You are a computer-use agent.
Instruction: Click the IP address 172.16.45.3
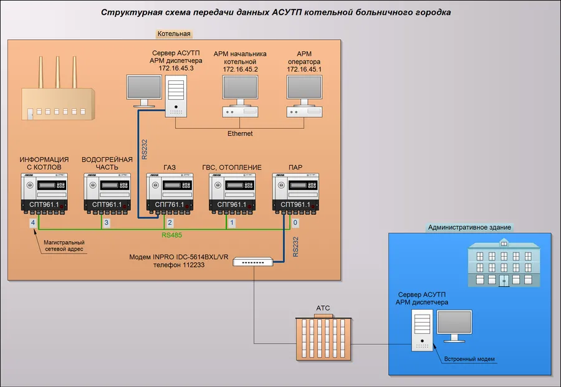click(x=176, y=69)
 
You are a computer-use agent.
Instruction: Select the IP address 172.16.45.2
click(x=240, y=69)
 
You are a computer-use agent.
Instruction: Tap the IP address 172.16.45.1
click(x=304, y=69)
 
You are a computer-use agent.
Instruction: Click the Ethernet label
click(x=240, y=133)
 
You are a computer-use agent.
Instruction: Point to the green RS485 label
click(x=172, y=235)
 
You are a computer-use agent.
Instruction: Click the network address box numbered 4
click(x=33, y=223)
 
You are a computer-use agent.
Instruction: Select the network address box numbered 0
click(x=295, y=223)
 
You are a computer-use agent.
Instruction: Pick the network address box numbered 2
click(x=170, y=223)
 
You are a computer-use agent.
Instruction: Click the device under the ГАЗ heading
click(x=170, y=193)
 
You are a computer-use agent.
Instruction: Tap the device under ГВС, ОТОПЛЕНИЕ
click(x=233, y=193)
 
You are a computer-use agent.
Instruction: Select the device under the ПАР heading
click(x=295, y=193)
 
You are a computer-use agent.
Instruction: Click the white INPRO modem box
click(x=253, y=262)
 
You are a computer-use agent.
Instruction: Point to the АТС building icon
click(x=324, y=337)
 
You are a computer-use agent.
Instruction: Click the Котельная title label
click(x=174, y=34)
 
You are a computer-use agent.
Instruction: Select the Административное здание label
click(x=469, y=227)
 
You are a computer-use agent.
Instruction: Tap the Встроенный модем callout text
click(x=469, y=359)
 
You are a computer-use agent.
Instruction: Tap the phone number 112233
click(x=194, y=265)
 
